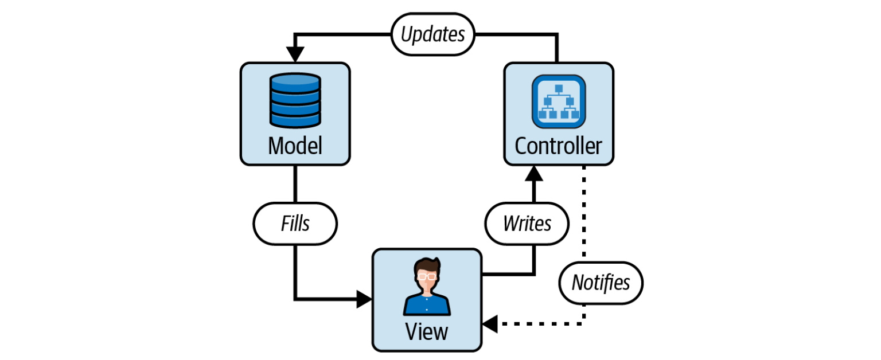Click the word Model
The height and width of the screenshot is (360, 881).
coord(295,146)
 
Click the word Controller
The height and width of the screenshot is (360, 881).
coord(558,146)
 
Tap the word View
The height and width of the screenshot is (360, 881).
coord(426,331)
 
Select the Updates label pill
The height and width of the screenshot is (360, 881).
coord(432,35)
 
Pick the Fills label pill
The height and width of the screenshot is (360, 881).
coord(295,223)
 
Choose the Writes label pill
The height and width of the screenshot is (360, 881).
coord(527,223)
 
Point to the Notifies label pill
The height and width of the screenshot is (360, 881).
coord(601,283)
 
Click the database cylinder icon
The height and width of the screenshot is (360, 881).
coord(295,100)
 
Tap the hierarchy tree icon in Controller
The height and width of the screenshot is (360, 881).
coord(558,101)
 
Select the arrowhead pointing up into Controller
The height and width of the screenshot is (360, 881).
coord(534,174)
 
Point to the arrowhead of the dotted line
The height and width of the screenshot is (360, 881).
coord(490,324)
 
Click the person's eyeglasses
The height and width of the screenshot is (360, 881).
coord(426,276)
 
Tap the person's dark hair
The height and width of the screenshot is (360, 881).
coord(427,265)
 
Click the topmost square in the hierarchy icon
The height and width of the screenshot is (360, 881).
coord(558,87)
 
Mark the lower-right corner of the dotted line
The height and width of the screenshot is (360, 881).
coord(584,324)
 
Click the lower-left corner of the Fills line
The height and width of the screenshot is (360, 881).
coord(295,299)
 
